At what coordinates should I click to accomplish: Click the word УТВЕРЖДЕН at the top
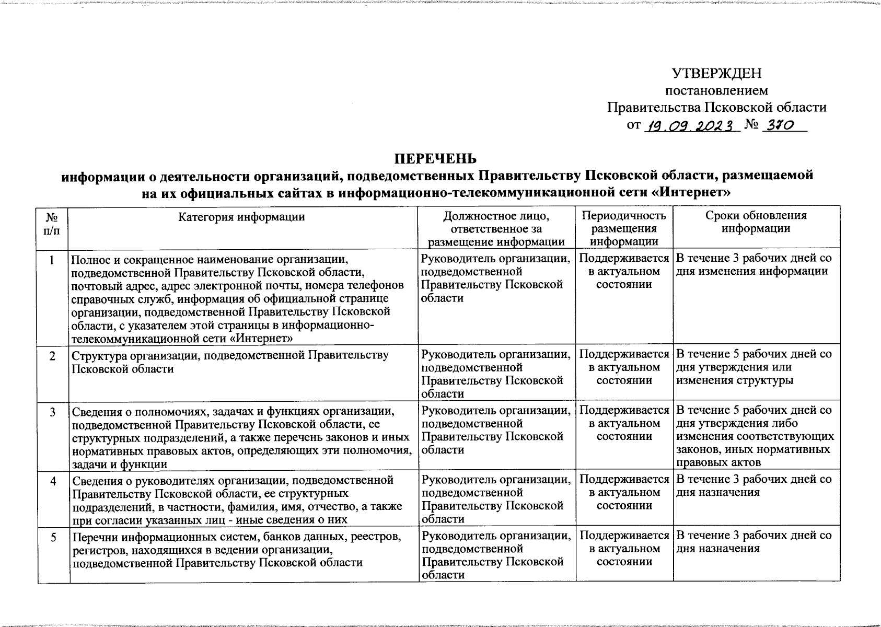pyautogui.click(x=716, y=73)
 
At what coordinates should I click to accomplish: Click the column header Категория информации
pyautogui.click(x=241, y=216)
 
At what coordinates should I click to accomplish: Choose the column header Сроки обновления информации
pyautogui.click(x=756, y=222)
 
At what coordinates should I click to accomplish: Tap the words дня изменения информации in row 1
pyautogui.click(x=752, y=272)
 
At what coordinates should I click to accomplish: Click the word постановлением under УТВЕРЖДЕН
pyautogui.click(x=716, y=90)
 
